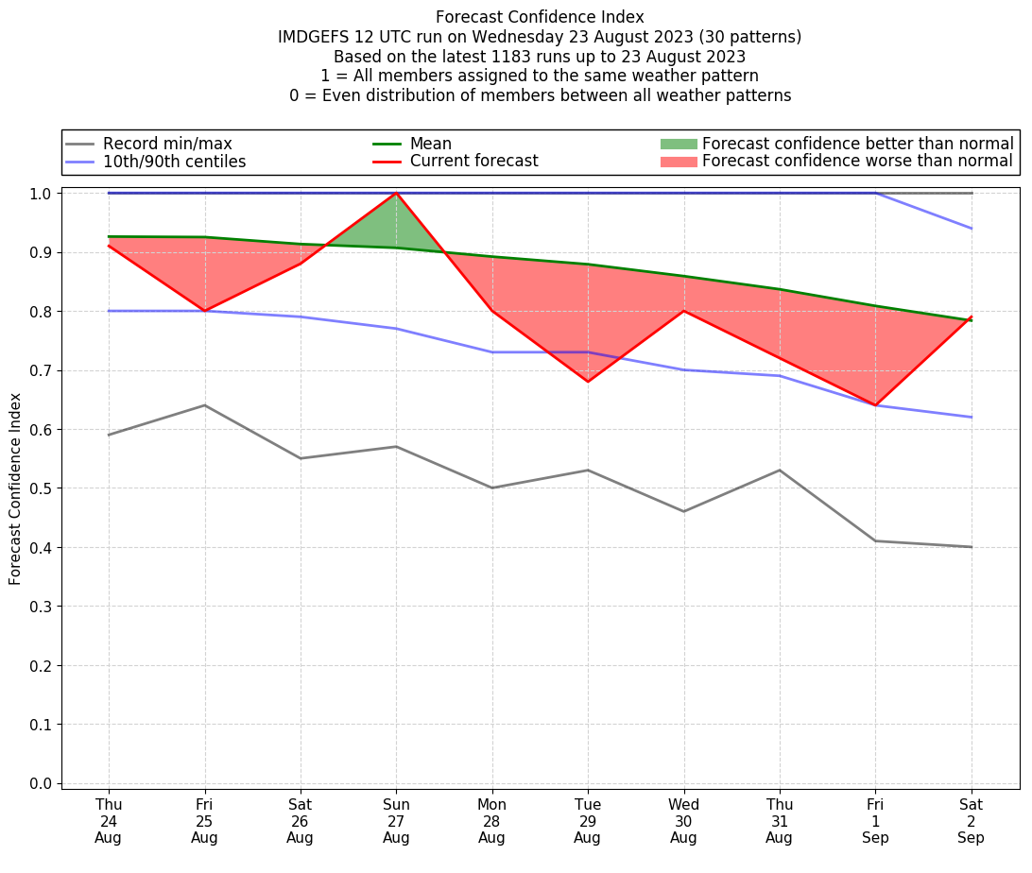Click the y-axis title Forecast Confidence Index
tap(15, 488)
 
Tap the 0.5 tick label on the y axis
tap(41, 488)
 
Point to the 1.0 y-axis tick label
tap(41, 193)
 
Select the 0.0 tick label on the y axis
tap(41, 783)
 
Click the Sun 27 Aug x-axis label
tap(396, 820)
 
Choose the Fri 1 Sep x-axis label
tap(875, 820)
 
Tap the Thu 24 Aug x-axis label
tap(109, 820)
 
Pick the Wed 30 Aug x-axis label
tap(683, 820)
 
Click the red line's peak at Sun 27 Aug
tap(396, 194)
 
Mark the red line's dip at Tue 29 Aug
tap(588, 381)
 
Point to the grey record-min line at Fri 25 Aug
tap(204, 405)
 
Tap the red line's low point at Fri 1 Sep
tap(875, 404)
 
